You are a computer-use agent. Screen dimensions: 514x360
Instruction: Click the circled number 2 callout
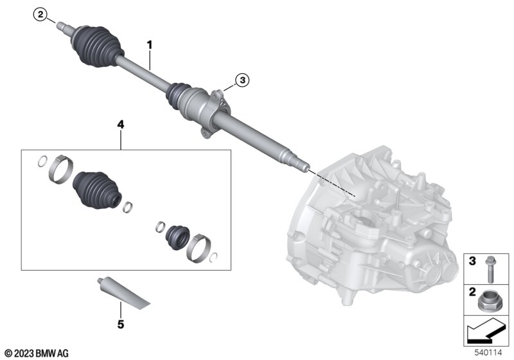coord(40,15)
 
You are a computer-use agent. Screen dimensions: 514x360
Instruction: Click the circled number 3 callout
coord(242,80)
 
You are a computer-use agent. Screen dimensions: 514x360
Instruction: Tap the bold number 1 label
coord(150,45)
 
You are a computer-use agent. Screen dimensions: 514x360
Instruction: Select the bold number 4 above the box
coord(121,125)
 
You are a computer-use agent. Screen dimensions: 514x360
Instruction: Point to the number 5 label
coord(121,325)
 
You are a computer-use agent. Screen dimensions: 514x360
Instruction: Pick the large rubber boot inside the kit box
coord(97,190)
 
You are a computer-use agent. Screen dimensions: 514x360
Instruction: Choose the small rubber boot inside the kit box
coord(178,237)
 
